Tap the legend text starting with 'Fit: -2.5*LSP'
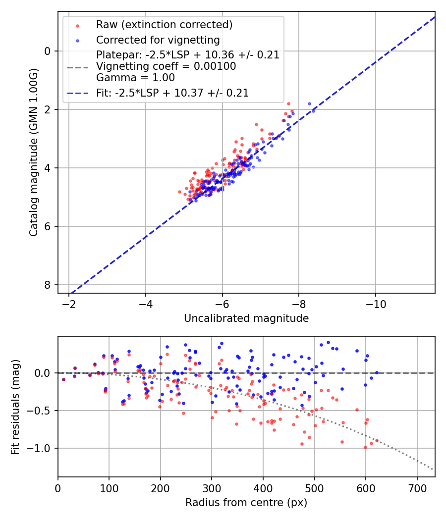172,93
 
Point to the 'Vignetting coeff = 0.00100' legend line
166,66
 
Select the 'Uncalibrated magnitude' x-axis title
246,318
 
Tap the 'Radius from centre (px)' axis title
246,503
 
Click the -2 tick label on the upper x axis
69,303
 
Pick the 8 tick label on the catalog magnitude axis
48,285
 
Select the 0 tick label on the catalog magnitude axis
48,51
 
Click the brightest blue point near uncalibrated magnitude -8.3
309,104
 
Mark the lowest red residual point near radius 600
366,447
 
